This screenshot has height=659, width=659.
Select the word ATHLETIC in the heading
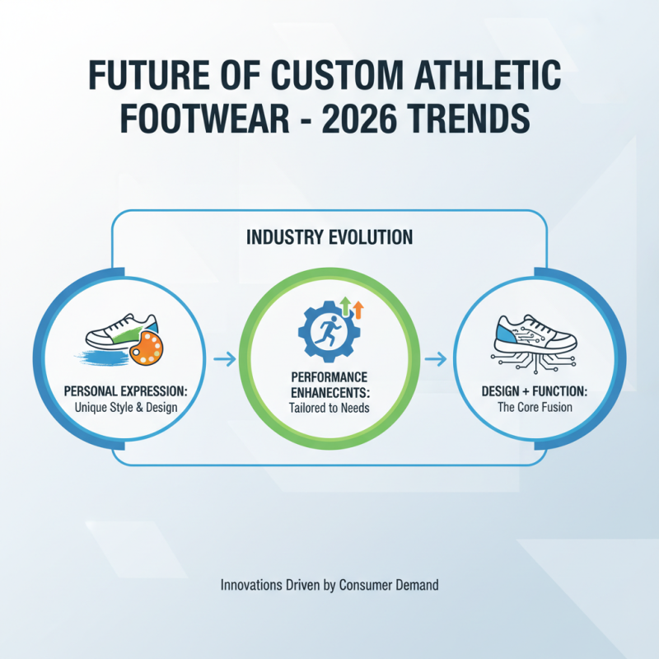[x=481, y=77]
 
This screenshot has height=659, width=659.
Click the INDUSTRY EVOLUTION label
[x=329, y=237]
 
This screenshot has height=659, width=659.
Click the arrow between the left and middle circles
[x=223, y=358]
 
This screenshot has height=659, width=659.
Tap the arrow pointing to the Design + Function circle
[x=436, y=358]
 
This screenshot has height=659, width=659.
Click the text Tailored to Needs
[x=329, y=407]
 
